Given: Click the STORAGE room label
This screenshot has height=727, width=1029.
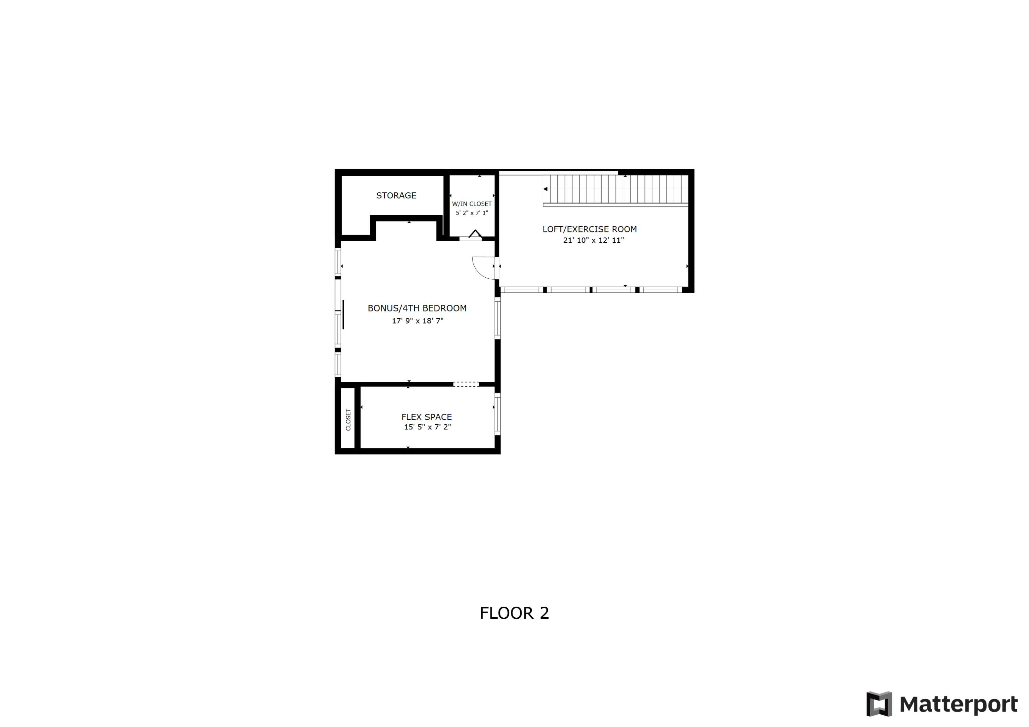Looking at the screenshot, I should point(396,195).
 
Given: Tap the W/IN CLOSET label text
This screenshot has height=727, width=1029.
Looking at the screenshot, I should point(472,204).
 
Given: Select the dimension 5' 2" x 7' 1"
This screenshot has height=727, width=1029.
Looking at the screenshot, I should point(472,213).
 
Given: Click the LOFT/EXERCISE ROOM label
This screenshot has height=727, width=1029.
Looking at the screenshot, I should point(589,229).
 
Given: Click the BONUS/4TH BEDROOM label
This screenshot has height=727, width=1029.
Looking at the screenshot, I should point(417,308).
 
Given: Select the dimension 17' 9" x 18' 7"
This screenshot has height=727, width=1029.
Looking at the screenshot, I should point(417,321).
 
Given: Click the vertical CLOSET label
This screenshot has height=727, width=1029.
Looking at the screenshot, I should point(348,420).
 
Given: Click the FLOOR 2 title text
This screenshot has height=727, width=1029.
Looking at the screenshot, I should point(514,613).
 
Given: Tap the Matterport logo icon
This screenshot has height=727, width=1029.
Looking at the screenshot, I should point(879,704).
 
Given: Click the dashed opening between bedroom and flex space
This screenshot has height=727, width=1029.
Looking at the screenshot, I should point(466,384).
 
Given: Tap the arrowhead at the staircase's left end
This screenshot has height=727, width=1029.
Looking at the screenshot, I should point(545,189).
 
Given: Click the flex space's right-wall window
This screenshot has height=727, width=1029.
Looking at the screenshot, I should point(497,414).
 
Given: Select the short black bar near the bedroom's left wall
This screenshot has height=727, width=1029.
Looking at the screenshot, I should point(343,314).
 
